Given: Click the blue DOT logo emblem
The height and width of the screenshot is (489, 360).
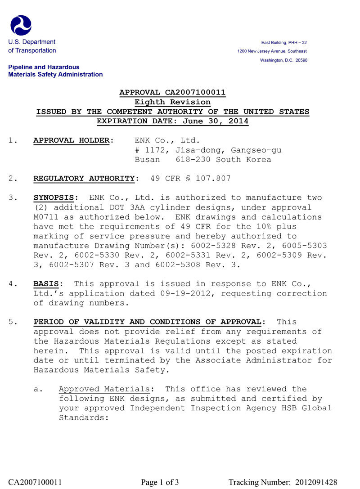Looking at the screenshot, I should click(x=21, y=25).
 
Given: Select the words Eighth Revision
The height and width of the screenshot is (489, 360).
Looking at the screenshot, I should click(x=173, y=102).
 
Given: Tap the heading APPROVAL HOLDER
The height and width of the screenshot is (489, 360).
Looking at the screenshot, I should click(x=72, y=140).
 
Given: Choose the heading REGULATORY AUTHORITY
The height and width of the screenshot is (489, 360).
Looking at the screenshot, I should click(x=84, y=179).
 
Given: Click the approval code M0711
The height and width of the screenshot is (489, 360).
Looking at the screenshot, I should click(x=46, y=217).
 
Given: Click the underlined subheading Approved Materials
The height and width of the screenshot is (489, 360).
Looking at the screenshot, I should click(x=104, y=389).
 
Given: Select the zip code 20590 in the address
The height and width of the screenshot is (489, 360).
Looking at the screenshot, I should click(x=301, y=60).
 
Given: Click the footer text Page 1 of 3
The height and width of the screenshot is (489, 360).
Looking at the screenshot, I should click(x=160, y=482).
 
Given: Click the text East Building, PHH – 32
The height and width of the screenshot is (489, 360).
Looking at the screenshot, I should click(x=284, y=42).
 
